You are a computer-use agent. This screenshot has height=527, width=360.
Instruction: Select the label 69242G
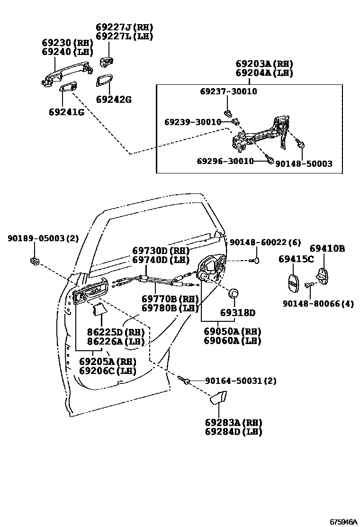113,100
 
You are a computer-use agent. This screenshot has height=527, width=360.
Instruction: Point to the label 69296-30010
225,161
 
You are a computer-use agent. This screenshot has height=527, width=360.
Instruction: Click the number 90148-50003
304,164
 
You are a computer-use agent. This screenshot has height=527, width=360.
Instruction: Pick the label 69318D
237,313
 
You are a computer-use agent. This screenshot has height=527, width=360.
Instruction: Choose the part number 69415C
296,259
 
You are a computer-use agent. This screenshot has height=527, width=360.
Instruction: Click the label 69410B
327,248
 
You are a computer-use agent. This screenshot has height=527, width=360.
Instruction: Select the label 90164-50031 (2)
240,381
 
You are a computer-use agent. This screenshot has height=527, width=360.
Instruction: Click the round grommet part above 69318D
234,294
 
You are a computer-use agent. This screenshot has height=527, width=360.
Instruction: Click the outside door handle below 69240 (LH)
62,75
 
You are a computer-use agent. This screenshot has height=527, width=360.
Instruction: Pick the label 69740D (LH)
161,260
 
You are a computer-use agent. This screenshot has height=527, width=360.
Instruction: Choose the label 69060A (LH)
233,340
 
